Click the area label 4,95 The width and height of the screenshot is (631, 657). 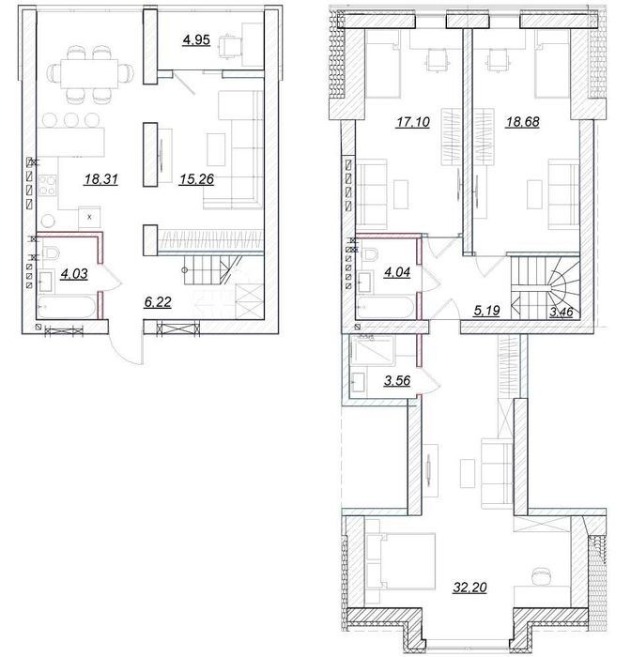196,40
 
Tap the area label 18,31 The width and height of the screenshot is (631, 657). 101,180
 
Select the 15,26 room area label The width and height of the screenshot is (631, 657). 196,180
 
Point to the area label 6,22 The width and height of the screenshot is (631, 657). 158,302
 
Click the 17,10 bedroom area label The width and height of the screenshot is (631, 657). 413,122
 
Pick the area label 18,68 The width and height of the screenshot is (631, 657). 522,122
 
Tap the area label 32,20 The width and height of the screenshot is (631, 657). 469,588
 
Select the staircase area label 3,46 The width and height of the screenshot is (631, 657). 561,313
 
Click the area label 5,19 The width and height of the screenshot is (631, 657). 486,311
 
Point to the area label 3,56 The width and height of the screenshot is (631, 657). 397,381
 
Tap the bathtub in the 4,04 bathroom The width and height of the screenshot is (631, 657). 385,308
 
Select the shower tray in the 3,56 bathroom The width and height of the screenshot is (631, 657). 373,348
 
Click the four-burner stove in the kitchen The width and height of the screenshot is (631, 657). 47,185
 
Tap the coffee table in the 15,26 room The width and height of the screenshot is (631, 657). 216,148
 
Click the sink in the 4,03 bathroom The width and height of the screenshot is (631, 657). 46,282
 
